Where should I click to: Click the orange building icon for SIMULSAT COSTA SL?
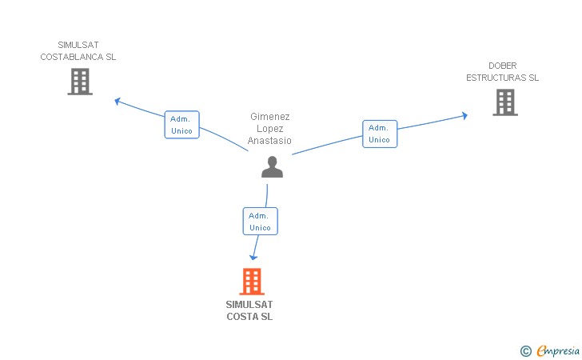(252, 282)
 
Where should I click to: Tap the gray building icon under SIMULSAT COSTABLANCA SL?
(80, 82)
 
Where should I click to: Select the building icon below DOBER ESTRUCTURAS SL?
(505, 102)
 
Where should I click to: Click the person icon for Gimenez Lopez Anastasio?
(272, 167)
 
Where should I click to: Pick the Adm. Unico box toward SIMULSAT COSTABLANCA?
(182, 125)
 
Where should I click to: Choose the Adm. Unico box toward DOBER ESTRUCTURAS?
(380, 134)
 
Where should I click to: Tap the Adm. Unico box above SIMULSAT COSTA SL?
(260, 221)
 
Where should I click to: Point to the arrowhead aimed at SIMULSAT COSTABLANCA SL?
(118, 101)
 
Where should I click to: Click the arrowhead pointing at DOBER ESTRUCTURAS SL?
(464, 115)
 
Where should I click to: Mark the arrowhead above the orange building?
(253, 257)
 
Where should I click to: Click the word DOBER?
(503, 66)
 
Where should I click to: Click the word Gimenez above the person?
(270, 117)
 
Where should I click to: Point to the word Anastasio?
(269, 141)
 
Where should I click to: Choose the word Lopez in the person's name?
(270, 129)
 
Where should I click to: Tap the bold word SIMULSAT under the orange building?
(249, 305)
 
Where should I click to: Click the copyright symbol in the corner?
(525, 351)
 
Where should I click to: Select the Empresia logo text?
(558, 351)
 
